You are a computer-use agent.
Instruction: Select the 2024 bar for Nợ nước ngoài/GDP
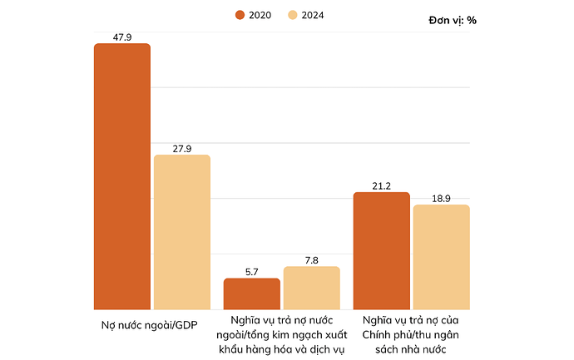(182, 232)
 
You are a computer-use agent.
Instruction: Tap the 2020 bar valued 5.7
(252, 293)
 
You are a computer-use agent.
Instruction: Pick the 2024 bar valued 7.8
(312, 288)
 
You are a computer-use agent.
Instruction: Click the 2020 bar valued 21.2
(382, 250)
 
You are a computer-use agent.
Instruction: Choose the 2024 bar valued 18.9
(442, 257)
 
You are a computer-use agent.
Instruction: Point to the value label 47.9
(122, 37)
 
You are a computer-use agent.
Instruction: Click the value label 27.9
(182, 149)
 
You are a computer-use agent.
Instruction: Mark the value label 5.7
(252, 272)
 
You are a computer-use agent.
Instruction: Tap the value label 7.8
(312, 260)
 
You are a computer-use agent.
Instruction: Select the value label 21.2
(382, 186)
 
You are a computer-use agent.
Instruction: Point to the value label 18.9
(442, 199)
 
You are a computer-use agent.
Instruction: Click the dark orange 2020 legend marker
(240, 15)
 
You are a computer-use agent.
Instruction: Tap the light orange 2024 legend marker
(291, 15)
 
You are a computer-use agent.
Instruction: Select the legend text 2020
(260, 15)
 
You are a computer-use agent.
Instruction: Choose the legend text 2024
(311, 15)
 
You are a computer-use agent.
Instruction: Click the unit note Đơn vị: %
(453, 20)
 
